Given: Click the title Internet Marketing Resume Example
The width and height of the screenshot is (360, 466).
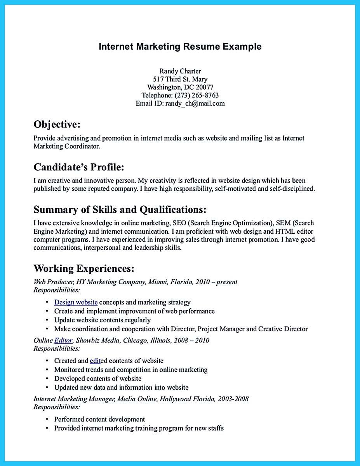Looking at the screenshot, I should click(x=180, y=47).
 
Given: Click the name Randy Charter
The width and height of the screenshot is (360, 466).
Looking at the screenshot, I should click(x=180, y=71).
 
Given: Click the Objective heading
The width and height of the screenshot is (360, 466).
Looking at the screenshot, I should click(x=57, y=124).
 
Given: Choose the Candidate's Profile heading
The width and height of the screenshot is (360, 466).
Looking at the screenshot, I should click(x=79, y=167).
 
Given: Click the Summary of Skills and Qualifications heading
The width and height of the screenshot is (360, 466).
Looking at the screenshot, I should click(x=120, y=210).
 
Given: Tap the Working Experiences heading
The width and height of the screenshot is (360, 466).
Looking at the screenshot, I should click(x=84, y=268).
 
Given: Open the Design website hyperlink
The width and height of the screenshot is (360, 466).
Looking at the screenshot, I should click(x=76, y=302).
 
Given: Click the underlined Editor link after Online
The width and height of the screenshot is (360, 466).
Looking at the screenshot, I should click(x=63, y=340).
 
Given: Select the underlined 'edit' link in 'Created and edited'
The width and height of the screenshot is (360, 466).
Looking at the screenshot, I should click(x=95, y=361).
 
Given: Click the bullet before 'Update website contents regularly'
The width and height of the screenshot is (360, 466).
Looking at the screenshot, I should click(x=47, y=320).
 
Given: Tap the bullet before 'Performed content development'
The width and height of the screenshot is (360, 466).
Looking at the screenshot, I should click(x=47, y=419).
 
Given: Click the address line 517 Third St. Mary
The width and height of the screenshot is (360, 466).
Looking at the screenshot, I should click(x=180, y=79).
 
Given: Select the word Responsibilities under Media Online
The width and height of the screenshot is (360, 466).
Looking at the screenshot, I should click(x=57, y=407).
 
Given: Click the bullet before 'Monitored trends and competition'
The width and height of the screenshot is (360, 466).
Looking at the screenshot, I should click(x=47, y=370).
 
